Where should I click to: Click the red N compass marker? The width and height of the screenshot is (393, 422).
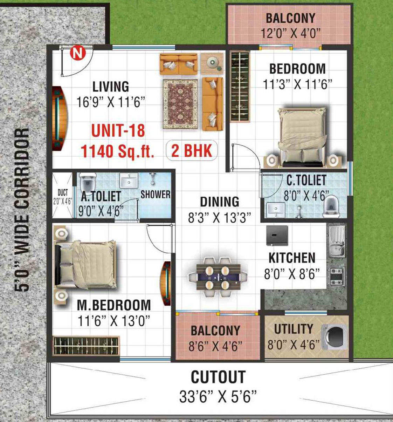point(78,53)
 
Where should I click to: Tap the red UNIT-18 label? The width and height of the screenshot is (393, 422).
point(118,131)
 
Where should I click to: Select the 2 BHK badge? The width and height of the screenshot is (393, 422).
point(192,150)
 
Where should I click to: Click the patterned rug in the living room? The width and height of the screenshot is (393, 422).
point(180,104)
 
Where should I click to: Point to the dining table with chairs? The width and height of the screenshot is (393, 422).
point(218,277)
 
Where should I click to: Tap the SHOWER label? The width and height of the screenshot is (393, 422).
point(155,195)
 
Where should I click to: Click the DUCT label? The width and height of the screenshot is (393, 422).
point(63,192)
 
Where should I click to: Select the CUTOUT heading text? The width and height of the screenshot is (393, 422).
point(218,377)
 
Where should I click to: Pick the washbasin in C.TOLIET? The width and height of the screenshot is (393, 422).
point(276,210)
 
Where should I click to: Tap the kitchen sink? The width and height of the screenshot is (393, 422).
point(337,241)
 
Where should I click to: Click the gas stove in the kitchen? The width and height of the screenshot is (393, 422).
point(337,277)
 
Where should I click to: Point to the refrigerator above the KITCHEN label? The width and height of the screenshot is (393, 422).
point(277,236)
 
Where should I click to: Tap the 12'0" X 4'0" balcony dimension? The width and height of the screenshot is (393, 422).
point(290,34)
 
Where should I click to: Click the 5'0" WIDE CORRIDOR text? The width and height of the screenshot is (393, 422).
point(22,210)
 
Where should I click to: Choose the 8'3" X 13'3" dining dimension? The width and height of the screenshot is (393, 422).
point(220,218)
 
